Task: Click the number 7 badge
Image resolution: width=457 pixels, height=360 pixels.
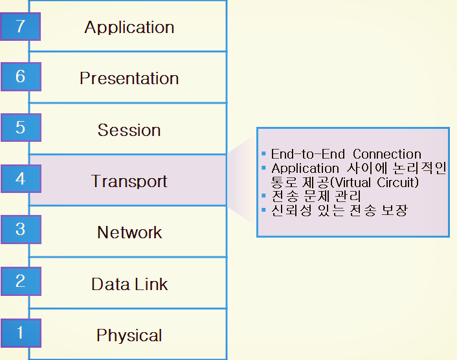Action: (x=20, y=27)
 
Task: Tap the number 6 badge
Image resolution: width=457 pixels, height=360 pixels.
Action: (x=21, y=76)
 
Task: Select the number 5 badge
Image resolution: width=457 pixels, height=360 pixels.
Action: (x=21, y=128)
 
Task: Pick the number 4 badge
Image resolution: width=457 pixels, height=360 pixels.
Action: (x=21, y=179)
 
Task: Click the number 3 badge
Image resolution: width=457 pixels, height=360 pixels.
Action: (x=21, y=229)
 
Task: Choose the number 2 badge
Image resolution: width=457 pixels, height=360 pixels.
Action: (x=21, y=281)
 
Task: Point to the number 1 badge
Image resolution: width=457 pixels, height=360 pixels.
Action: (x=21, y=333)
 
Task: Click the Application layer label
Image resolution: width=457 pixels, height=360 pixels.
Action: (x=129, y=28)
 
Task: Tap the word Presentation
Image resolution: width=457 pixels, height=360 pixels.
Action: (x=129, y=78)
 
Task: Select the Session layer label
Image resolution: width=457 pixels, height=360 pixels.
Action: (x=129, y=130)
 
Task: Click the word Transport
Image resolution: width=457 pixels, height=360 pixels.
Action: (x=129, y=182)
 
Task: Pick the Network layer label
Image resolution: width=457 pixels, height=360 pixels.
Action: (x=129, y=232)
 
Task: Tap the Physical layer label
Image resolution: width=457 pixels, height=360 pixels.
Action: (x=129, y=336)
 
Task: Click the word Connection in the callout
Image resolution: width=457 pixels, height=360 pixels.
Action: (x=387, y=154)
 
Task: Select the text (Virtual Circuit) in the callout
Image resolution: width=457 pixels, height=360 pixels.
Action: (x=374, y=183)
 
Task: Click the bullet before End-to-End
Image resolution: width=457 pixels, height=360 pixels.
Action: (x=263, y=153)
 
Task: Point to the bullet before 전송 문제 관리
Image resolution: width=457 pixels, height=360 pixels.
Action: (x=263, y=196)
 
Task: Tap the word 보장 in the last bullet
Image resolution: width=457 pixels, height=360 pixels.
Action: (x=394, y=210)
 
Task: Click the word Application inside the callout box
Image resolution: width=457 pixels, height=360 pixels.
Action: (x=305, y=169)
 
